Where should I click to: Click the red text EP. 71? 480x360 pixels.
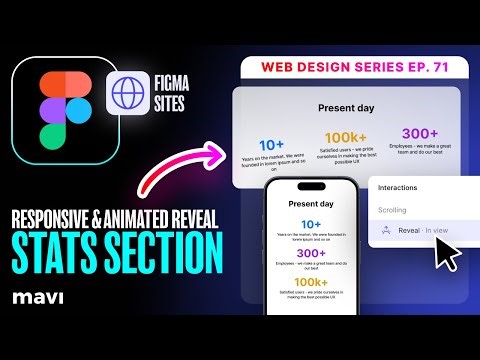pyautogui.click(x=415, y=67)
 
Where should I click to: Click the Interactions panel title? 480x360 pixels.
pyautogui.click(x=400, y=187)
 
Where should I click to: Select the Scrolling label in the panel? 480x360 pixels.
pyautogui.click(x=392, y=211)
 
